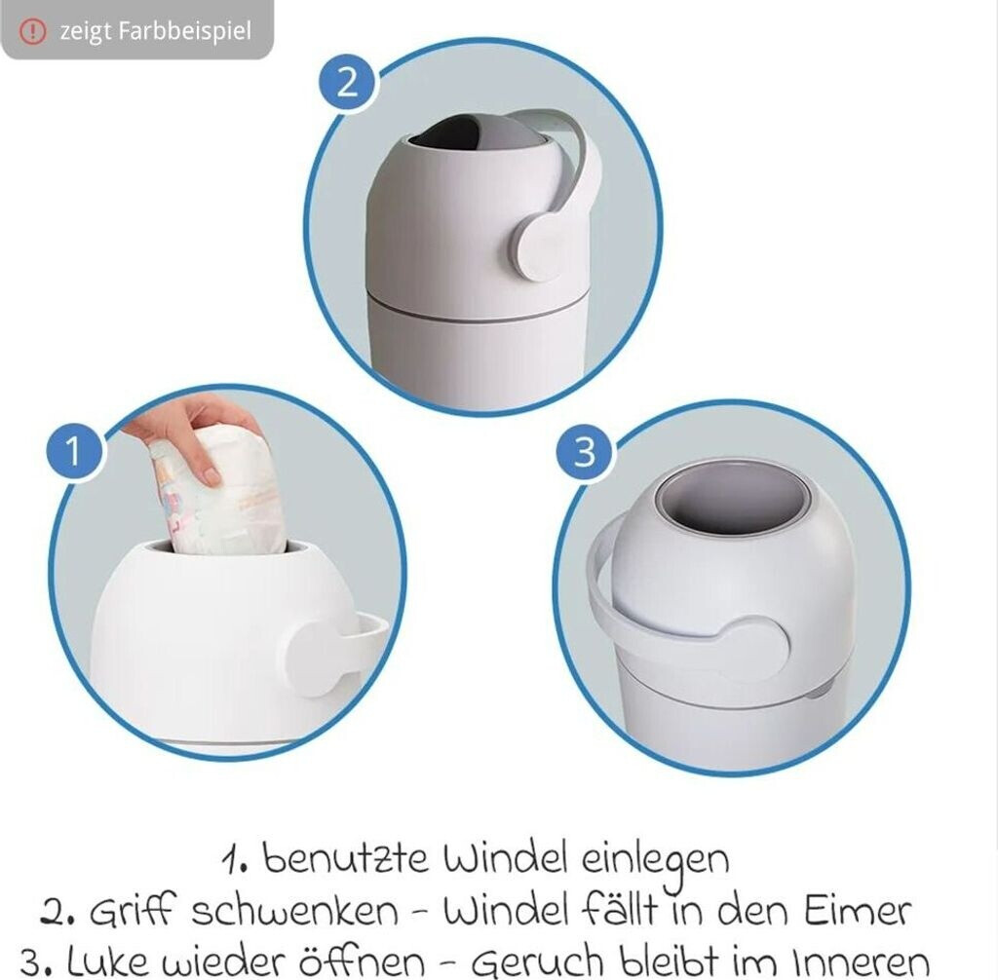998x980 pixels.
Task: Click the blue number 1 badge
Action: coord(74,450)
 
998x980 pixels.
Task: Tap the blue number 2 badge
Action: coord(347,83)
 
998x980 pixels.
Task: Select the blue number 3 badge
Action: coord(585,451)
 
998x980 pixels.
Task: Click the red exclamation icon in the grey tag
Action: coord(32,30)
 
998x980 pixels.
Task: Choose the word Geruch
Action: coord(538,963)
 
